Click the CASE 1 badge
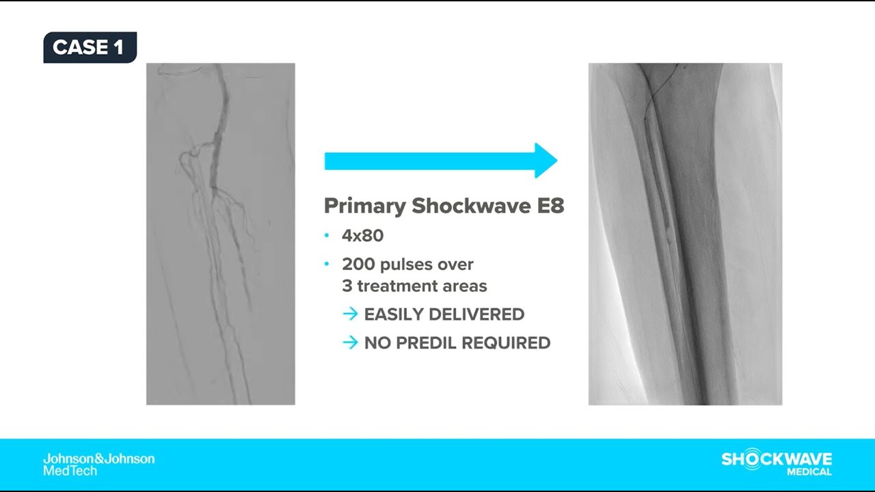coord(90,47)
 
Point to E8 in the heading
coord(548,206)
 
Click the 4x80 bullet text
coord(363,236)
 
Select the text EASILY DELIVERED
coord(444,314)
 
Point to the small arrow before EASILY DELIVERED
coord(350,314)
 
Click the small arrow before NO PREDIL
coord(350,343)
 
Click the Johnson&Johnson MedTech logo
coord(98,465)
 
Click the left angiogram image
coord(220,234)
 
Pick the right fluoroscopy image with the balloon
coord(685,234)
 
